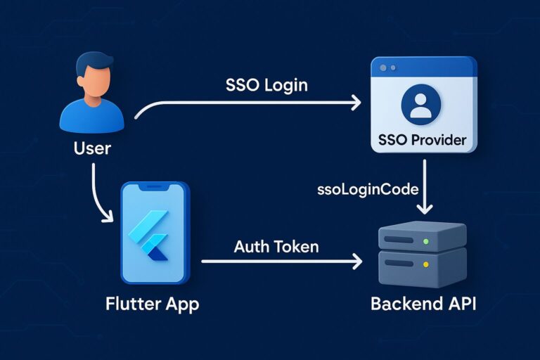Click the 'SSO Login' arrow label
[266, 86]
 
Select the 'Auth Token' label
[276, 247]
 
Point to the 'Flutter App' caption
[152, 304]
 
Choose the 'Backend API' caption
[423, 304]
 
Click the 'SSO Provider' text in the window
[423, 139]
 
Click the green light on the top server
[425, 241]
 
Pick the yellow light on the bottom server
[425, 265]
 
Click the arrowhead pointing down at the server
[424, 209]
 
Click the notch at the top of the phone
[155, 187]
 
